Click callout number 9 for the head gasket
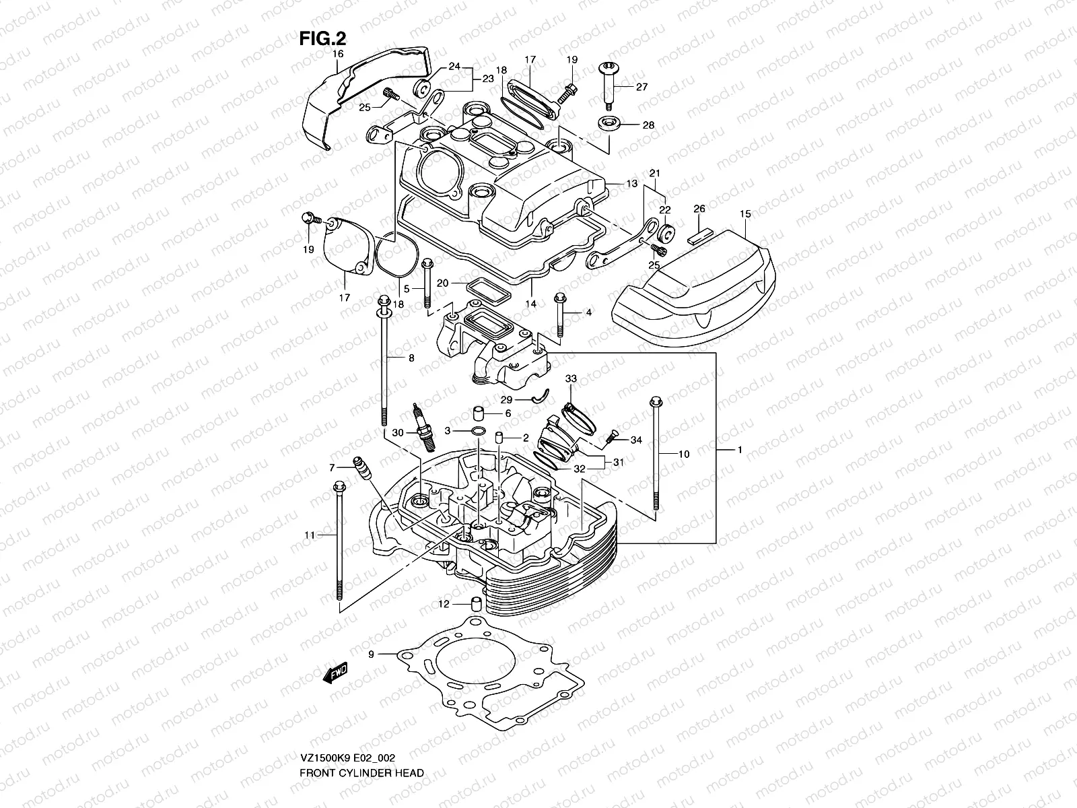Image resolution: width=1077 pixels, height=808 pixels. coord(370,654)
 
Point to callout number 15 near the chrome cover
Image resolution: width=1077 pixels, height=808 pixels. coord(744,214)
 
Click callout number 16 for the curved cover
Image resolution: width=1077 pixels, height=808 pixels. coord(337,53)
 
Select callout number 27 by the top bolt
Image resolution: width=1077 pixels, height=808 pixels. coord(641,87)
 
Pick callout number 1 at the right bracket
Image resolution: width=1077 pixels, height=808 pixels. coord(739,450)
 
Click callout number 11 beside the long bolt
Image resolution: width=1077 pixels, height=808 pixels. coord(309,535)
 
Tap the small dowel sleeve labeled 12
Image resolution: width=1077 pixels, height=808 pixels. coord(475,603)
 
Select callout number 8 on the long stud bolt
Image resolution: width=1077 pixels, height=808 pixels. coord(411,359)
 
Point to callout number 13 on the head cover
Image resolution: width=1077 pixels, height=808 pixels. coord(631,183)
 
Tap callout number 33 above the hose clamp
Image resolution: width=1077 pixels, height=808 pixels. coord(571,379)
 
